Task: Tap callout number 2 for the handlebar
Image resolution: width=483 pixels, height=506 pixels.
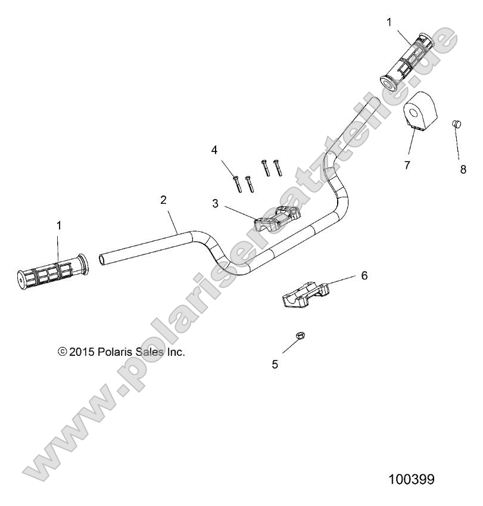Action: (x=163, y=201)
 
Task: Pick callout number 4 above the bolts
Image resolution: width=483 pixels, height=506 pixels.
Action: (x=214, y=150)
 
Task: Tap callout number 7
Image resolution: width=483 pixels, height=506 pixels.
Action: (x=407, y=165)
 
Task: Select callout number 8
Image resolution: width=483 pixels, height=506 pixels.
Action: (x=463, y=169)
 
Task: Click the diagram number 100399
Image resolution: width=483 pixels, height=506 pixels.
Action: (x=411, y=479)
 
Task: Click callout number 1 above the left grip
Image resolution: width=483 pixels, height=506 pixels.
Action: (x=58, y=225)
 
